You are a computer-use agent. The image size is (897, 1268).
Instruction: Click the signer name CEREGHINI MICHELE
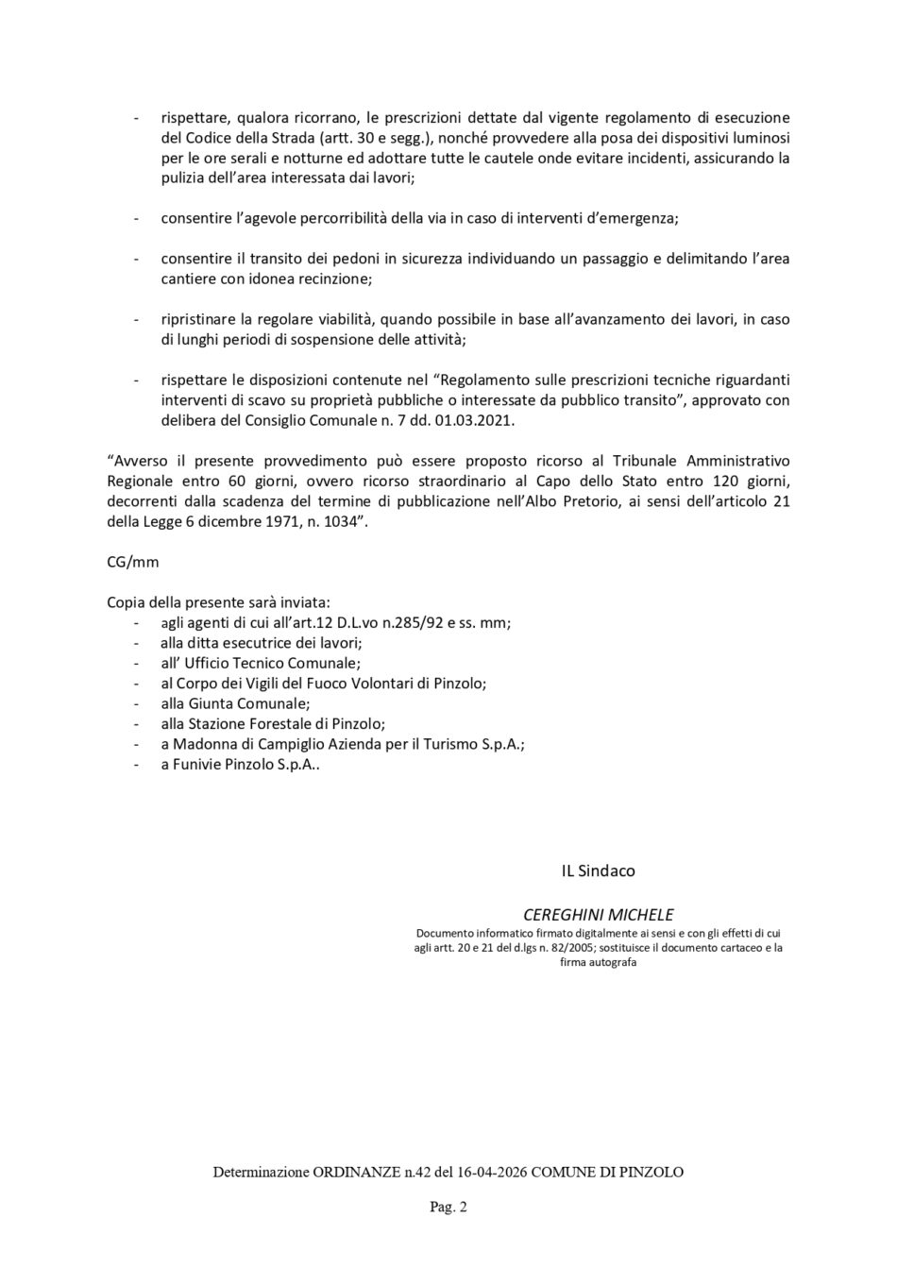[x=599, y=914]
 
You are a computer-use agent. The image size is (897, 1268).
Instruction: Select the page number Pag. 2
[x=448, y=1206]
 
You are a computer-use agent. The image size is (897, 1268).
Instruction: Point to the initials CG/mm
[x=133, y=562]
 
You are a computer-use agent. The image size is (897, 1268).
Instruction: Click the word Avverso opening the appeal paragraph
[x=140, y=461]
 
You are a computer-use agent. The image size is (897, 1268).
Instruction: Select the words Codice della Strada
[x=241, y=138]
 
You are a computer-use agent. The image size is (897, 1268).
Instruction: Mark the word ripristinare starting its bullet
[x=200, y=319]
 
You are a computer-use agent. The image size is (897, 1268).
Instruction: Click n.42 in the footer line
[x=401, y=1172]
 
